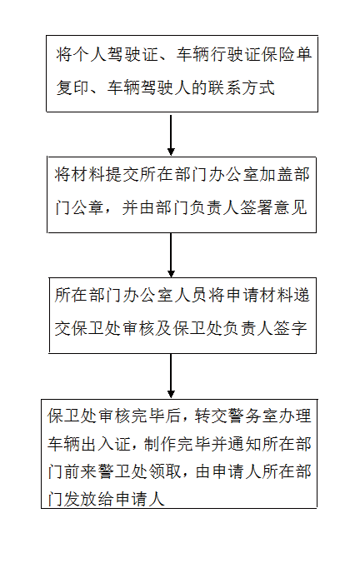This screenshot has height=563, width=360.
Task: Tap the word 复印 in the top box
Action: point(72,87)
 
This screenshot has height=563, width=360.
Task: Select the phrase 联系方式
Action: point(242,87)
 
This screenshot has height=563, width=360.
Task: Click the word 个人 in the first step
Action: point(90,54)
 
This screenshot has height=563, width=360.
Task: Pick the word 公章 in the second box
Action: point(87,208)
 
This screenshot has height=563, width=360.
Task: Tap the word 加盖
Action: point(274,175)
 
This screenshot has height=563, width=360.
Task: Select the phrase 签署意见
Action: point(274,208)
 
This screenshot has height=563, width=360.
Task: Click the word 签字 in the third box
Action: point(291,328)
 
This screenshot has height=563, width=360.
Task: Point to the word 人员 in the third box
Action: point(189,296)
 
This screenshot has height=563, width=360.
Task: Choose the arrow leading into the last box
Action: point(171,376)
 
